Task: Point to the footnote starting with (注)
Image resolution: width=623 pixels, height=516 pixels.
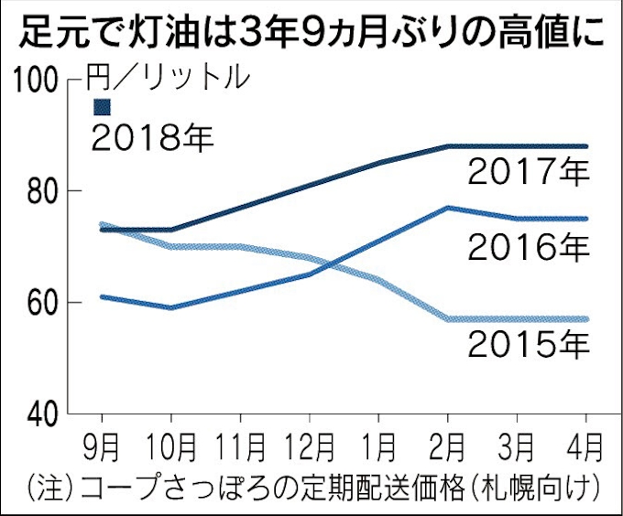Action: [x=312, y=485]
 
